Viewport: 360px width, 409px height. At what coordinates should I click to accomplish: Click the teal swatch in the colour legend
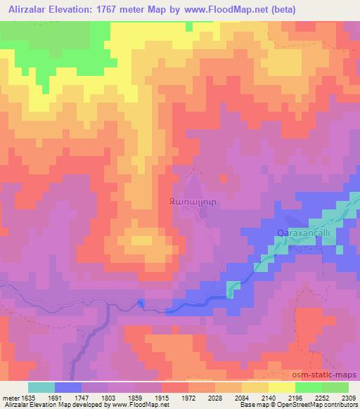click(41, 387)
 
